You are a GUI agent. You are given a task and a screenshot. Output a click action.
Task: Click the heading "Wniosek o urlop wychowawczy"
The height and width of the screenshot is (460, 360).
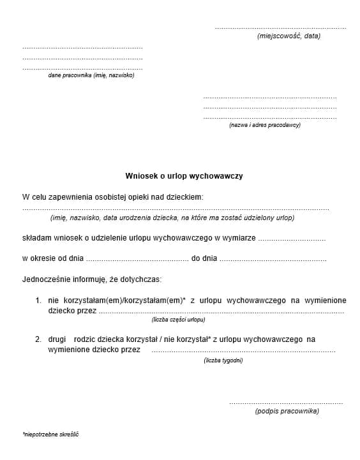click(x=184, y=175)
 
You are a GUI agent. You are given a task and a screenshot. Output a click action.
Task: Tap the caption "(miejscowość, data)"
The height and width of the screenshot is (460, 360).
click(x=289, y=36)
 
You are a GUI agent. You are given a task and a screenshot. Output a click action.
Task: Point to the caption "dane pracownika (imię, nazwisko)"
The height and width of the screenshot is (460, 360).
click(x=91, y=75)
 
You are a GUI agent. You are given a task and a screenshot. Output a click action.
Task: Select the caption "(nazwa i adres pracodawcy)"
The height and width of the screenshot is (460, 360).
click(x=265, y=125)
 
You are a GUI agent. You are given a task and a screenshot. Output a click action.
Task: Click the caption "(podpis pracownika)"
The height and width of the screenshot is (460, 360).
click(x=287, y=411)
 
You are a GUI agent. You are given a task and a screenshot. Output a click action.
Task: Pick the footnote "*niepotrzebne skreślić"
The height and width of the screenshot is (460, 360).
click(x=50, y=434)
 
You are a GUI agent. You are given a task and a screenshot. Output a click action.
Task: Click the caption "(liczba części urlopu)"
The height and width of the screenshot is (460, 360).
click(x=178, y=319)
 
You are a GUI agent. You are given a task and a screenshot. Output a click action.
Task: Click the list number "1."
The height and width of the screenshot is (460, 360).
click(x=38, y=300)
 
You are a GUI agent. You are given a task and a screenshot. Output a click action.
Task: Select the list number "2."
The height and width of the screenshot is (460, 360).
click(x=38, y=339)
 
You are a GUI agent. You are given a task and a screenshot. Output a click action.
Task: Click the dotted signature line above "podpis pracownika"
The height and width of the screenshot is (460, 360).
click(x=286, y=403)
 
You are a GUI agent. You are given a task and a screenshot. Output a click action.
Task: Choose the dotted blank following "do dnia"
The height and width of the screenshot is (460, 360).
click(x=273, y=260)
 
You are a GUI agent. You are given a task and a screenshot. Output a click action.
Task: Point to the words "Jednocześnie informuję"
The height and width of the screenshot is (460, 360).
click(x=64, y=279)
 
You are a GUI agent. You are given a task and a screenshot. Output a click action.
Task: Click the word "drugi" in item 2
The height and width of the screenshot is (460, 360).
click(x=57, y=339)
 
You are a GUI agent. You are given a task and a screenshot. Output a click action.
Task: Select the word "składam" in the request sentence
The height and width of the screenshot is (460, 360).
click(x=36, y=238)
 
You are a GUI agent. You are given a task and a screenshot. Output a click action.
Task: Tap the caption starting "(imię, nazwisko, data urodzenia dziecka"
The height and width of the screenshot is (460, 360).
click(x=172, y=218)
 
